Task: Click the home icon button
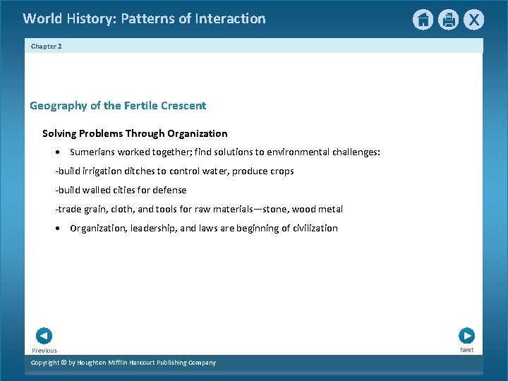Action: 423,20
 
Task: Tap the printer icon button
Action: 448,20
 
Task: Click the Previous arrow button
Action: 44,336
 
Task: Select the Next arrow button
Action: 466,336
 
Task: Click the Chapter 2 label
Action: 47,46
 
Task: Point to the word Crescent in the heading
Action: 183,106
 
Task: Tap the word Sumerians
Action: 92,152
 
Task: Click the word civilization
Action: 310,229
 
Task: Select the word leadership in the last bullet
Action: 153,229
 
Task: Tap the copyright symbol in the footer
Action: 63,363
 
